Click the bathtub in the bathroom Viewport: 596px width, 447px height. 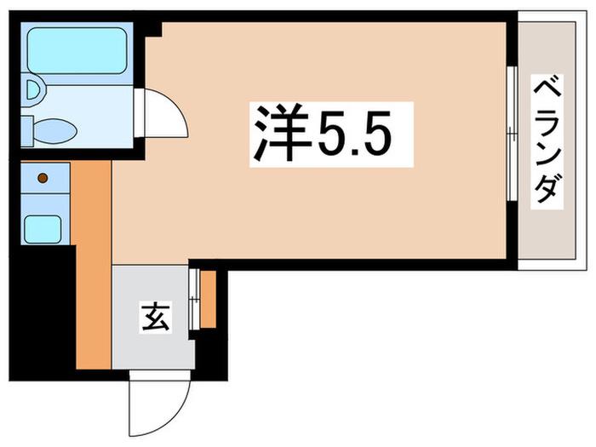coord(77,50)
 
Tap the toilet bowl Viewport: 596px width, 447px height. coord(55,131)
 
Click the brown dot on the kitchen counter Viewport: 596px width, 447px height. coord(43,178)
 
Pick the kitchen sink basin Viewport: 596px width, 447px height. coord(43,229)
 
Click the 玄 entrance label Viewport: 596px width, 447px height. coord(155,316)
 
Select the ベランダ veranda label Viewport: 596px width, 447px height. coord(547,141)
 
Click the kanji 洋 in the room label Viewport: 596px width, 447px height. coord(282,133)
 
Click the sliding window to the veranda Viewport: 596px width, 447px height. coord(513,134)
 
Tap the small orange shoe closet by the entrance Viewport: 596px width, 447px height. coord(209,299)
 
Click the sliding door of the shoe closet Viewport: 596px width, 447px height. coord(194,299)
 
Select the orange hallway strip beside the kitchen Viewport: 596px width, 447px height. coord(92,265)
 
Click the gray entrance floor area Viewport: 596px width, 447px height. coord(152,318)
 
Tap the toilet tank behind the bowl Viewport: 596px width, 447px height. coord(26,131)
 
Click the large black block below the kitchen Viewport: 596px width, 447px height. coord(43,312)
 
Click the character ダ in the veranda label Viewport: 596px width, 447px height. coord(547,191)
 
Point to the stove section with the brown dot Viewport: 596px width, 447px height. coord(45,178)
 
